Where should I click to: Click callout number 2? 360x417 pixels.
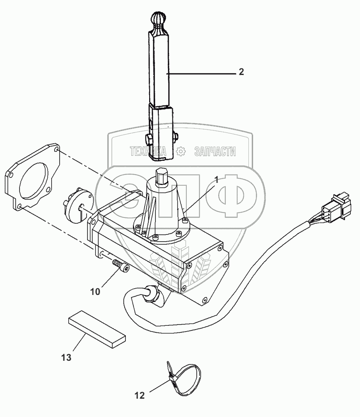click(x=241, y=72)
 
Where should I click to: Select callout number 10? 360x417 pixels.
click(x=95, y=292)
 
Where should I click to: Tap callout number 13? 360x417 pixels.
click(x=66, y=357)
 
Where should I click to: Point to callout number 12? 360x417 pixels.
click(x=140, y=395)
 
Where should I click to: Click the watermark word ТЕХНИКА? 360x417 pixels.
click(x=148, y=152)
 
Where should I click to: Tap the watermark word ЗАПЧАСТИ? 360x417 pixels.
click(x=215, y=151)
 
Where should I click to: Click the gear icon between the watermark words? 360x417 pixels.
click(x=180, y=152)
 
